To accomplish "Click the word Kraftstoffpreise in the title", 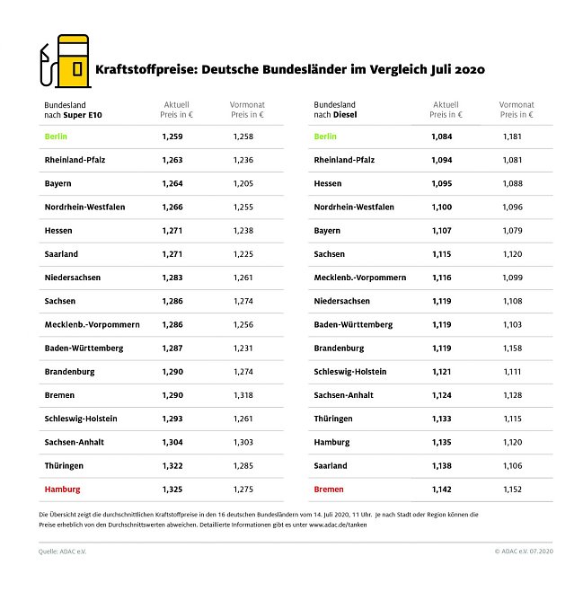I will coord(141,68).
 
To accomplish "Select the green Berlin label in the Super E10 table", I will coord(56,137).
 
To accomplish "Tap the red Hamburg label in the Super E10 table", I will coord(62,490).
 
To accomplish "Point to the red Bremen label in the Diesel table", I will coord(329,490).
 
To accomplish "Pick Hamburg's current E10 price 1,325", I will coord(172,490).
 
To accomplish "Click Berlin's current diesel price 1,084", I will coord(441,137).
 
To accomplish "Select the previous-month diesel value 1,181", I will coord(511,137).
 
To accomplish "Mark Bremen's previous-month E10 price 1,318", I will coord(243,395).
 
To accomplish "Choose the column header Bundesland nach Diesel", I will coord(334,110).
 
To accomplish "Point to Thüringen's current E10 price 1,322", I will coord(172,466).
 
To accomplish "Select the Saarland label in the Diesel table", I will coord(331,466).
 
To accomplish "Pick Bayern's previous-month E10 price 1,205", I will coord(243,183).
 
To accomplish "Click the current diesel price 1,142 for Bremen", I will coord(441,490).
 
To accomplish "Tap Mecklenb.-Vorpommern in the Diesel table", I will coord(359,278).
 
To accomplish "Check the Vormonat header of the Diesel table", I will coord(516,110).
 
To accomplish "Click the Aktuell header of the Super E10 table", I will coord(176,110).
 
